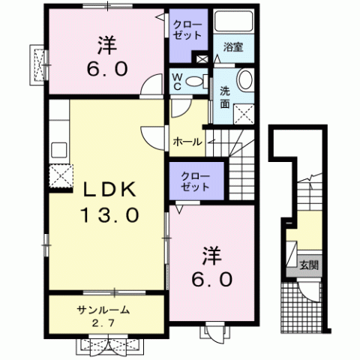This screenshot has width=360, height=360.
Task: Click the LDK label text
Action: point(109,189)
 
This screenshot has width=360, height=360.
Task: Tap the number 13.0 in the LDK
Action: point(109,215)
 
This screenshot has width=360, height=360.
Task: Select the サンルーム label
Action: point(103,310)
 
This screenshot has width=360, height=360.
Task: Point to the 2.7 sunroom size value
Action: point(103,323)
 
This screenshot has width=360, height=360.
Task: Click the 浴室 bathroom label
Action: point(233,46)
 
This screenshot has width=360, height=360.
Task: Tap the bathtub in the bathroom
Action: point(233,21)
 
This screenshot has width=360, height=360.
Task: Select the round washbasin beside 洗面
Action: point(245,79)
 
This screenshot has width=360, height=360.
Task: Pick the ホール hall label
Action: point(187,142)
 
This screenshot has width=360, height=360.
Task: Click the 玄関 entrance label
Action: point(309,265)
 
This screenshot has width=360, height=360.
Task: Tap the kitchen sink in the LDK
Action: point(59,150)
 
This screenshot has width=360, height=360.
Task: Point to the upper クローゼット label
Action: point(187,30)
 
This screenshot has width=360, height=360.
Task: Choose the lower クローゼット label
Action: point(195,181)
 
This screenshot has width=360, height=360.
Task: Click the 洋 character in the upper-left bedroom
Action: point(107,45)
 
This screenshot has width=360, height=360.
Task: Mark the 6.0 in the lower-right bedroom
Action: point(212,279)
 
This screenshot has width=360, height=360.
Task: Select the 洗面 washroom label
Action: point(225,97)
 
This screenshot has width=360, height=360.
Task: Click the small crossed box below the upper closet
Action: point(202,59)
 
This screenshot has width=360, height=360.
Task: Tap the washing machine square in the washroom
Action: point(244,114)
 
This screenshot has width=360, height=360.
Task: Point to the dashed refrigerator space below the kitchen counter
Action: point(61,176)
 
